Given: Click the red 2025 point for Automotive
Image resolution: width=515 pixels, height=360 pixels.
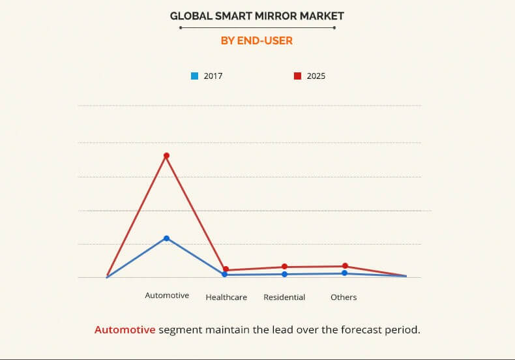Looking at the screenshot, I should coord(166,155).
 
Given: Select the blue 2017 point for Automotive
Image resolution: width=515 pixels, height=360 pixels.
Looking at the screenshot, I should coord(166,238).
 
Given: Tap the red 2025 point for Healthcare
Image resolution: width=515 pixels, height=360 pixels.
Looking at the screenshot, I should coord(226,269).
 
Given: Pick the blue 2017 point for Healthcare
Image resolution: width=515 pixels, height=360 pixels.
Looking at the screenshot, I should coord(224,275).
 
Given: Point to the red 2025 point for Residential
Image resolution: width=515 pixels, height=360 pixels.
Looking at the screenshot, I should coord(284,266).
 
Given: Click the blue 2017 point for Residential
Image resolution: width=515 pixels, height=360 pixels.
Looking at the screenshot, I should coord(284,274).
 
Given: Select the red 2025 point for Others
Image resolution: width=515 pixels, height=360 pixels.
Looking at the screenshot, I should coord(345,265).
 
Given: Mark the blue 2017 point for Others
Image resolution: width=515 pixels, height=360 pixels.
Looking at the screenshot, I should coord(344,273).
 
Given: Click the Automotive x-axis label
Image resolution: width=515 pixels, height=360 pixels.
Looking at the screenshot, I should coord(167,295).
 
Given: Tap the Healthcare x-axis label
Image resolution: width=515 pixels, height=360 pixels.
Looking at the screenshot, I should coord(226,297).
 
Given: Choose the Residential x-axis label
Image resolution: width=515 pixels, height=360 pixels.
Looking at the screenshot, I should coord(284,297).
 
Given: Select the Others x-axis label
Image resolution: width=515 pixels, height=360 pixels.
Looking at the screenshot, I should coord(344,297).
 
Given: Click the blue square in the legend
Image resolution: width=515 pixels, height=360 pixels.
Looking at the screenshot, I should coord(194,76).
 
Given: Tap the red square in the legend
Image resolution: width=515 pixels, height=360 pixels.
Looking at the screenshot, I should coord(297,76).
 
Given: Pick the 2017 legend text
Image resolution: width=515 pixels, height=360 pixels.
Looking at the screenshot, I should coord(213,76).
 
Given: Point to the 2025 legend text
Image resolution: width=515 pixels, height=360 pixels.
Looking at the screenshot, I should coord(316,76).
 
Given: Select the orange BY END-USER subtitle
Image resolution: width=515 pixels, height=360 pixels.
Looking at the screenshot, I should coord(256,40).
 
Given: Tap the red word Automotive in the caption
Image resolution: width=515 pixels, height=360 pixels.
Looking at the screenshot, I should coord(125,329).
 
